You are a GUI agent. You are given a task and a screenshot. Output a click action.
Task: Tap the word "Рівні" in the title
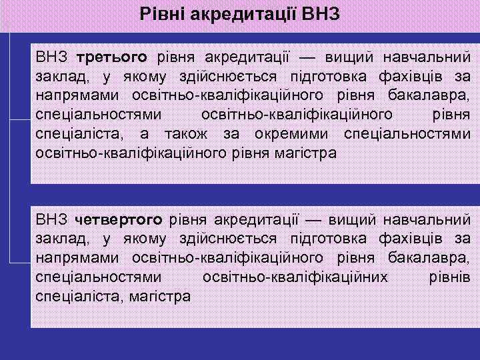[x=163, y=13]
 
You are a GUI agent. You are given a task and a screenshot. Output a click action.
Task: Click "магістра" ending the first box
[x=304, y=153]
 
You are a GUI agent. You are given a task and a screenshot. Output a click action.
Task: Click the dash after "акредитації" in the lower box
[x=313, y=219]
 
